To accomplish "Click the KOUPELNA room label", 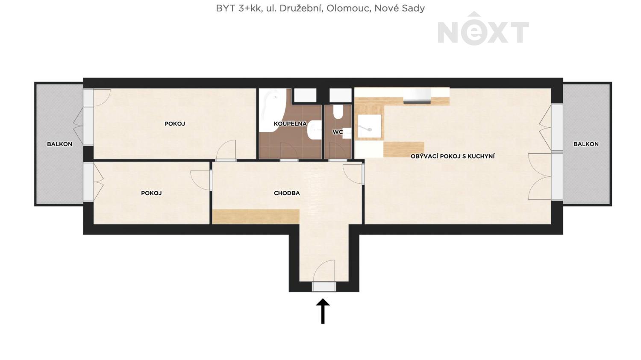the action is (x=290, y=124).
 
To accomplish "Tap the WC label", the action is (x=338, y=132).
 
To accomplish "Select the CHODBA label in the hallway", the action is (x=287, y=193).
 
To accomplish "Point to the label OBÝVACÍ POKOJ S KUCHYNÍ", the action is (x=453, y=156).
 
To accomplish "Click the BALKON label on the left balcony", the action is (x=59, y=144).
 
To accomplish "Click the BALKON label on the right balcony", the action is (x=586, y=144).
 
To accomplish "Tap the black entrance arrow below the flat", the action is (x=323, y=311).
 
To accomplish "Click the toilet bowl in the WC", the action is (x=338, y=112).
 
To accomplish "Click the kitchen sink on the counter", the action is (x=370, y=127).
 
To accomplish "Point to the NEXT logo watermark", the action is (x=483, y=29).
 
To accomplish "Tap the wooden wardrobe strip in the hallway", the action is (x=256, y=217).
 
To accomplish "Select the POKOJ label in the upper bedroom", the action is (x=174, y=124).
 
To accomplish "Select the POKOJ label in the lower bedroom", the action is (x=151, y=193).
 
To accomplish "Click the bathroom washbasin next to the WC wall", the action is (x=314, y=130).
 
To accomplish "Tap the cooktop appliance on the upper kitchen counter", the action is (x=417, y=96).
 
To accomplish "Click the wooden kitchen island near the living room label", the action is (x=404, y=149).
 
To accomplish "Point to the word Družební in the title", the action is (x=301, y=9).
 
